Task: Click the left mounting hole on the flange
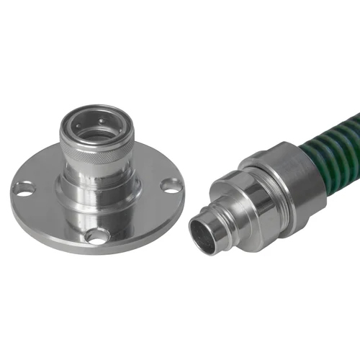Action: point(24,189)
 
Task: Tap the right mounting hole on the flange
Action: point(171,185)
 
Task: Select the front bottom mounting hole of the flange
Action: point(95,235)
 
